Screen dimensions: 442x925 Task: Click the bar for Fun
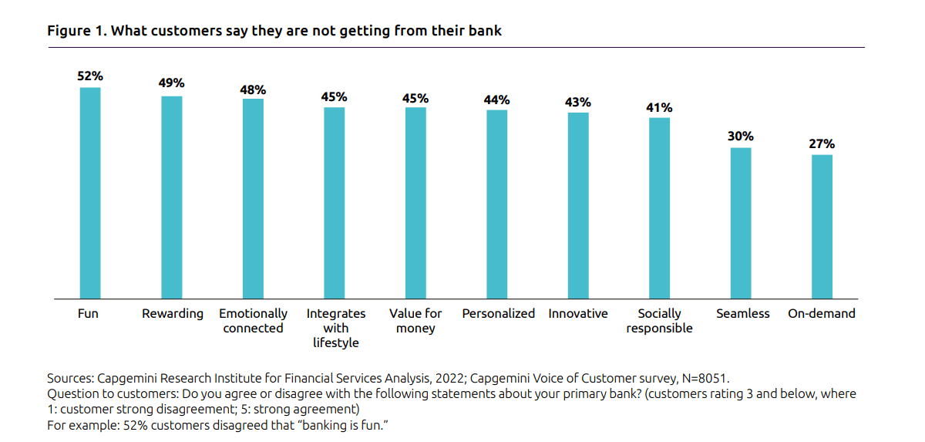coord(90,193)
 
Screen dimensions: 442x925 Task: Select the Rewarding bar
coord(171,197)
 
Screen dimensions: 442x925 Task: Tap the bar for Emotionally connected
coord(253,198)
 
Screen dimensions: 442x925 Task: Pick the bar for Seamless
coord(741,223)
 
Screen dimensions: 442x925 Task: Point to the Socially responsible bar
coord(659,208)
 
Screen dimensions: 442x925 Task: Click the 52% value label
coord(90,76)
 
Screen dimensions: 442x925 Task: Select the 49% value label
coord(171,83)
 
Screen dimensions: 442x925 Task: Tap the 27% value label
coord(822,143)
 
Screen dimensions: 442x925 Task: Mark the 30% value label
coord(741,137)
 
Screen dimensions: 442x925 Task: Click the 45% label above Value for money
coord(415,98)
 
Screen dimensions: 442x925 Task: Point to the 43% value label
coord(578,102)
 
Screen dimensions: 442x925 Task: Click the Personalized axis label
coord(498,314)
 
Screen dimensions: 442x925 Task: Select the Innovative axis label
coord(578,314)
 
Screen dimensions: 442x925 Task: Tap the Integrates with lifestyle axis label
coord(335,328)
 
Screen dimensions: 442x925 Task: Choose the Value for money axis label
coord(415,321)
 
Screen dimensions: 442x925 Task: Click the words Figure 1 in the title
coord(73,31)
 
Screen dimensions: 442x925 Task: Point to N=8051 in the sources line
coord(699,379)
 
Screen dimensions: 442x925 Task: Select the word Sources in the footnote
coord(70,379)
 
